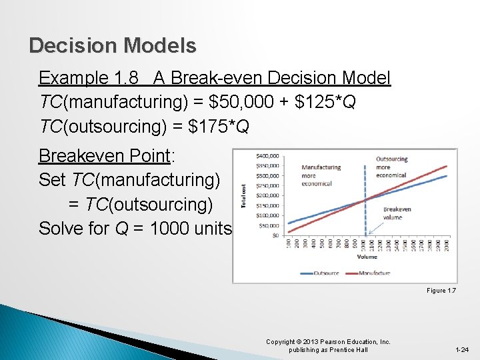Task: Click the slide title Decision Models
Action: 113,45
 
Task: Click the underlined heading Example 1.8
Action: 93,78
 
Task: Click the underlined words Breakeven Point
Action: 104,156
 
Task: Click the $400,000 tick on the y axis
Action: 268,156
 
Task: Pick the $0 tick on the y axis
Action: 273,235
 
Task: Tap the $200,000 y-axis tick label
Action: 268,195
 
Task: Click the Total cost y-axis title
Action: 244,195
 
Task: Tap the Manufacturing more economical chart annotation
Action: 321,176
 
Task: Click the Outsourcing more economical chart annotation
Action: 391,167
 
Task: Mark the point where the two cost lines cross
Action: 365,200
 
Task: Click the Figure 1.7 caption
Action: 441,290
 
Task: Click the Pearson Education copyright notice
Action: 328,345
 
